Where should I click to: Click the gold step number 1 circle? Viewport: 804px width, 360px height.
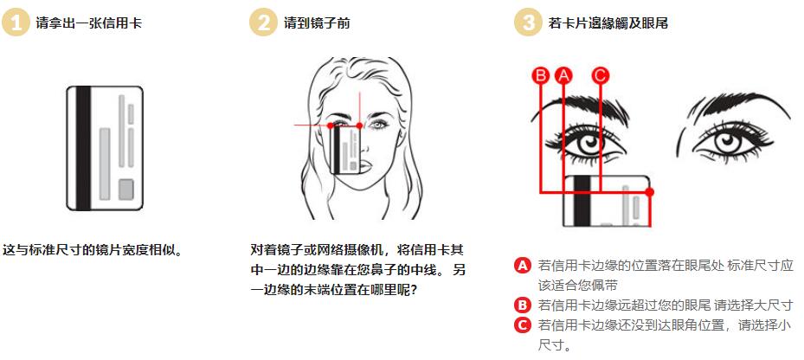click(16, 22)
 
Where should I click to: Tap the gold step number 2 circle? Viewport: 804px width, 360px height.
click(263, 22)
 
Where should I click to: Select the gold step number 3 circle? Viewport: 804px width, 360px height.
click(528, 22)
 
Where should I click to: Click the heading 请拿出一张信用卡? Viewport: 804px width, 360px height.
click(88, 23)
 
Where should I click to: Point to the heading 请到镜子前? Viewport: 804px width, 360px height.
click(317, 23)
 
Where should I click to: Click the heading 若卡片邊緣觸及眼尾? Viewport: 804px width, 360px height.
click(608, 23)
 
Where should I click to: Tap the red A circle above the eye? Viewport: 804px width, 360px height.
click(563, 76)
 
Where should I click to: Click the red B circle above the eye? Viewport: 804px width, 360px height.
click(540, 76)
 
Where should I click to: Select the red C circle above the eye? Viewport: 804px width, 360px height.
click(600, 76)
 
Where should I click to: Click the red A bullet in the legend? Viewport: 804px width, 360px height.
click(522, 266)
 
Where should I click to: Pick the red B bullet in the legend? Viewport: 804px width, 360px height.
click(522, 305)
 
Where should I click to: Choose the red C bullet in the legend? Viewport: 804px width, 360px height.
click(522, 325)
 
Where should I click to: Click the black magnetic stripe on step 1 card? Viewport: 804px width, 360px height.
click(83, 148)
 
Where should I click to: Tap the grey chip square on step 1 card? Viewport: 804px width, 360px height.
click(125, 190)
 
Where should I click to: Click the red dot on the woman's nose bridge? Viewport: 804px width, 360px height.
click(359, 125)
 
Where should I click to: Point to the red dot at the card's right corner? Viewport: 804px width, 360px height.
click(650, 192)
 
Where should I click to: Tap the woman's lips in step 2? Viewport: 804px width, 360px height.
click(365, 165)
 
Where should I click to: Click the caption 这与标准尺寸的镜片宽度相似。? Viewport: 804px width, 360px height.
click(93, 250)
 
